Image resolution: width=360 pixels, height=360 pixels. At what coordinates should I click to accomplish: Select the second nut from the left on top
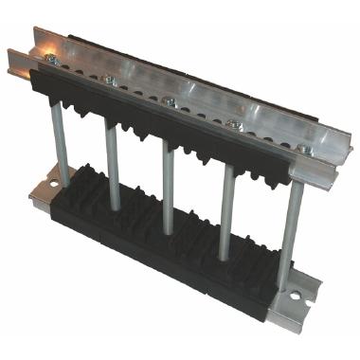coord(111,80)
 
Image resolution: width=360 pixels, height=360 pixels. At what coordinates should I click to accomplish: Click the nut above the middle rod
coord(169,100)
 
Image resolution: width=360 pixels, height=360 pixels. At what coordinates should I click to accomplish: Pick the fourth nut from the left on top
coord(234,124)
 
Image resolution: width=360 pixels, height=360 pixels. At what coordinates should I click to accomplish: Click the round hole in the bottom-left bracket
coord(54,176)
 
